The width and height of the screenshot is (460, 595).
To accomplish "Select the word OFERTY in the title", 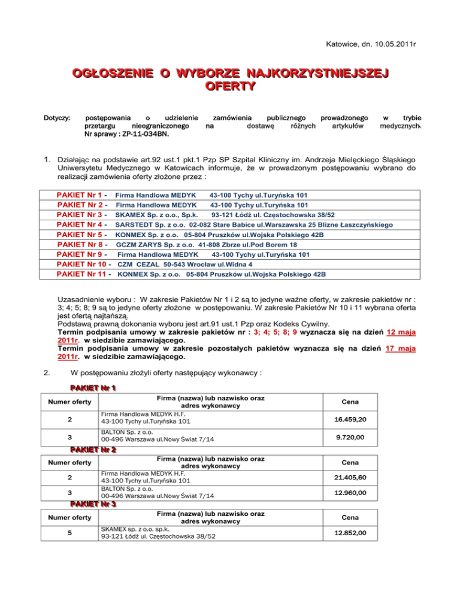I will [230, 86].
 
